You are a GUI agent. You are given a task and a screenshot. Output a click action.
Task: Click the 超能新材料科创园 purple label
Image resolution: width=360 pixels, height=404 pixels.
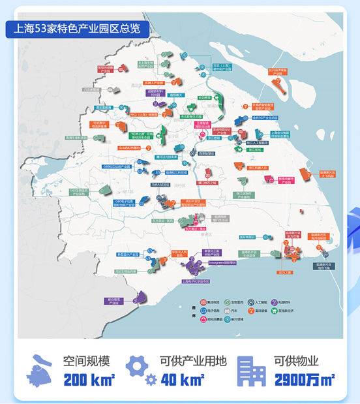pos(155,93)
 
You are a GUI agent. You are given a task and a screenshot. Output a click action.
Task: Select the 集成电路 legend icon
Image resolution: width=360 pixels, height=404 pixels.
pos(203,303)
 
